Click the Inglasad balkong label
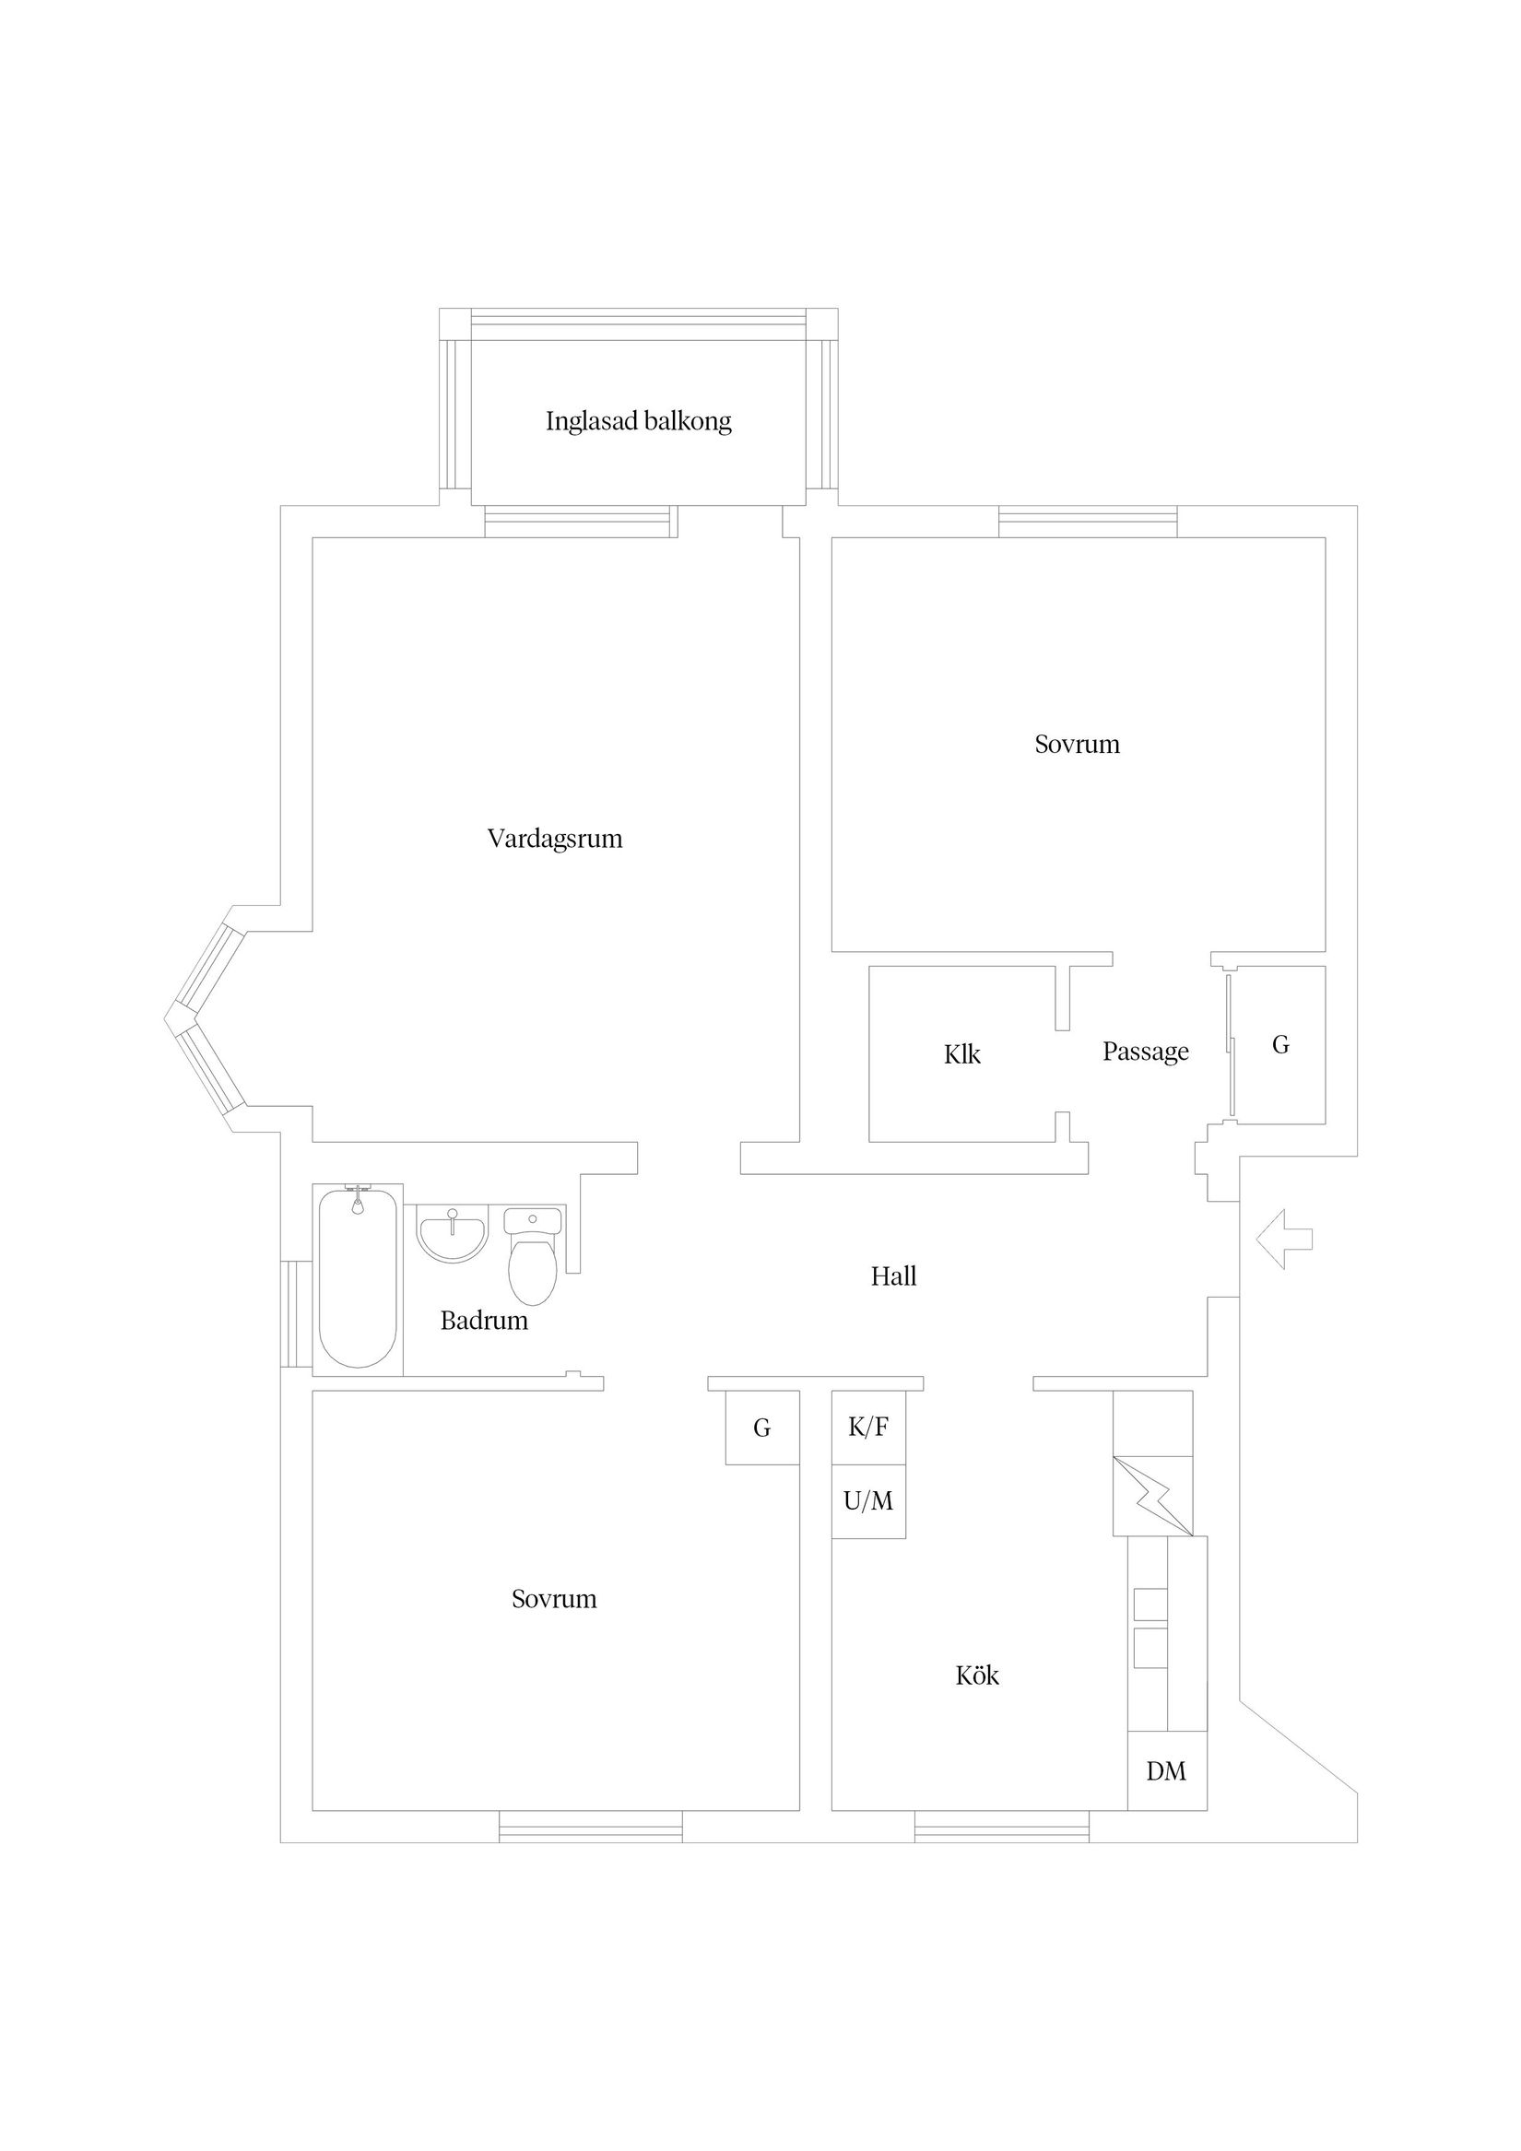pyautogui.click(x=638, y=421)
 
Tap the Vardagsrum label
pyautogui.click(x=555, y=839)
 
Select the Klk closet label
pyautogui.click(x=961, y=1055)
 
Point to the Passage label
pyautogui.click(x=1145, y=1052)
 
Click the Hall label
pyautogui.click(x=893, y=1276)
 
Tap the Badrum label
pyautogui.click(x=484, y=1321)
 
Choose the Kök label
pyautogui.click(x=977, y=1675)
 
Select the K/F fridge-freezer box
pyautogui.click(x=868, y=1427)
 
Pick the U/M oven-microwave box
pyautogui.click(x=868, y=1501)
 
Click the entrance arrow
pyautogui.click(x=1284, y=1240)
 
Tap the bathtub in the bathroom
pyautogui.click(x=357, y=1281)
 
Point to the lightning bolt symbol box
pyautogui.click(x=1152, y=1495)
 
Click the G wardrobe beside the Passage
pyautogui.click(x=1280, y=1044)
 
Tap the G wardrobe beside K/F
pyautogui.click(x=762, y=1428)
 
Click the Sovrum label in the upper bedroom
pyautogui.click(x=1077, y=745)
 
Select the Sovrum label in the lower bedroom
pyautogui.click(x=554, y=1599)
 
